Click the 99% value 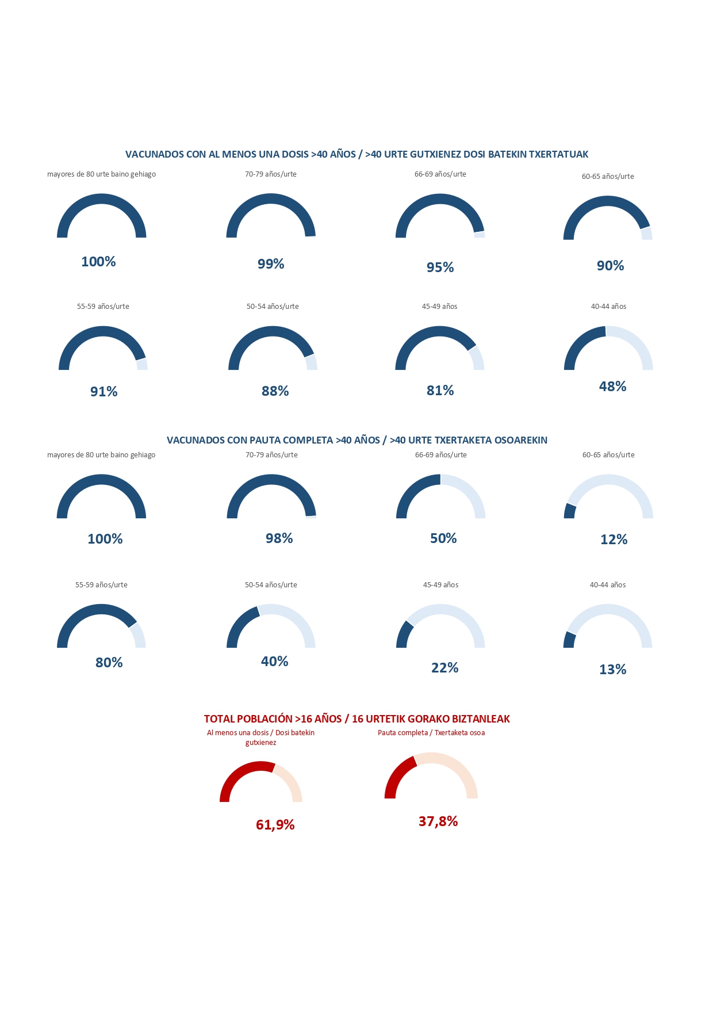point(271,264)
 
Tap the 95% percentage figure point(440,267)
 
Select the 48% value point(612,387)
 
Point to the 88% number point(275,391)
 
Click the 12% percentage point(614,540)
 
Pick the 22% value point(444,668)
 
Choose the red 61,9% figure point(275,825)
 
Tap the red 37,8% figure point(438,821)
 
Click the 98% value point(279,538)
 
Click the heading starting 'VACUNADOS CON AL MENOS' point(356,154)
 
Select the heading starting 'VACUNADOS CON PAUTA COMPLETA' point(356,440)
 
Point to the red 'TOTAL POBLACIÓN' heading point(356,719)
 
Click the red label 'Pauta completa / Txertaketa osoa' point(431,733)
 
